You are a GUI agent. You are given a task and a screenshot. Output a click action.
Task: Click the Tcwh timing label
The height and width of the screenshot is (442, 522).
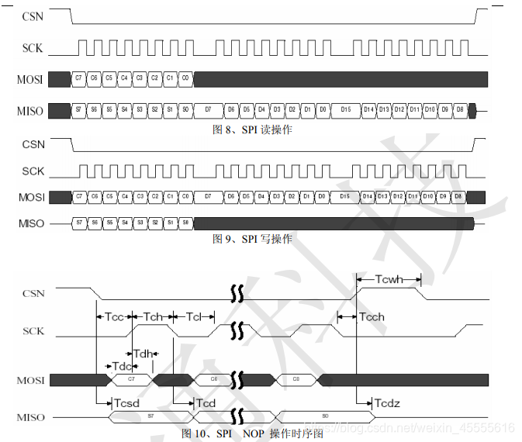[x=387, y=278]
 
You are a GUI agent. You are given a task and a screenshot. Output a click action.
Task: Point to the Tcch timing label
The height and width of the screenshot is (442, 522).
[x=372, y=316]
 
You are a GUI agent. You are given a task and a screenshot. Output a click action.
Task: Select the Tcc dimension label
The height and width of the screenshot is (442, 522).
[x=114, y=316]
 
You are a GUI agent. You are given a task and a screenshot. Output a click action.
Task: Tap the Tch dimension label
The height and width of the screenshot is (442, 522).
[x=154, y=316]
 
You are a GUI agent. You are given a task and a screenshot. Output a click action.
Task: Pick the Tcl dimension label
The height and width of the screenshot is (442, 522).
[x=194, y=316]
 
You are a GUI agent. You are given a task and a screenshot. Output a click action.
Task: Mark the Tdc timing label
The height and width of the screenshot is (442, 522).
[x=123, y=365]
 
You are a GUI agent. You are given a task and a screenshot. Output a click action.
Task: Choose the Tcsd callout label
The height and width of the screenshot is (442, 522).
[x=126, y=403]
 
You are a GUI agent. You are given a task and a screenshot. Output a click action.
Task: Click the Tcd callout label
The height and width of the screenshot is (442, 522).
[x=206, y=403]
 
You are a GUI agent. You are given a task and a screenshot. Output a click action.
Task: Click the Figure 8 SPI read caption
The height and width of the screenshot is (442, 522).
[x=252, y=129]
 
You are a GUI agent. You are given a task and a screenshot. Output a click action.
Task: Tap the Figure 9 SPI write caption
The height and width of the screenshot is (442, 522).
[x=252, y=239]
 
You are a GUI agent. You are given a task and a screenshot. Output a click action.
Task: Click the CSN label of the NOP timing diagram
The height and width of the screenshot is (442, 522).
[x=33, y=293]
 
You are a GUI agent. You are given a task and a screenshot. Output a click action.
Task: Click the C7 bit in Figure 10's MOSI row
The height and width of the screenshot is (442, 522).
[x=131, y=379]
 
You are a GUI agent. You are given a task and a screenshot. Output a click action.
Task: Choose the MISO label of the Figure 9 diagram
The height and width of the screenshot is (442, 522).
[x=30, y=223]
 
